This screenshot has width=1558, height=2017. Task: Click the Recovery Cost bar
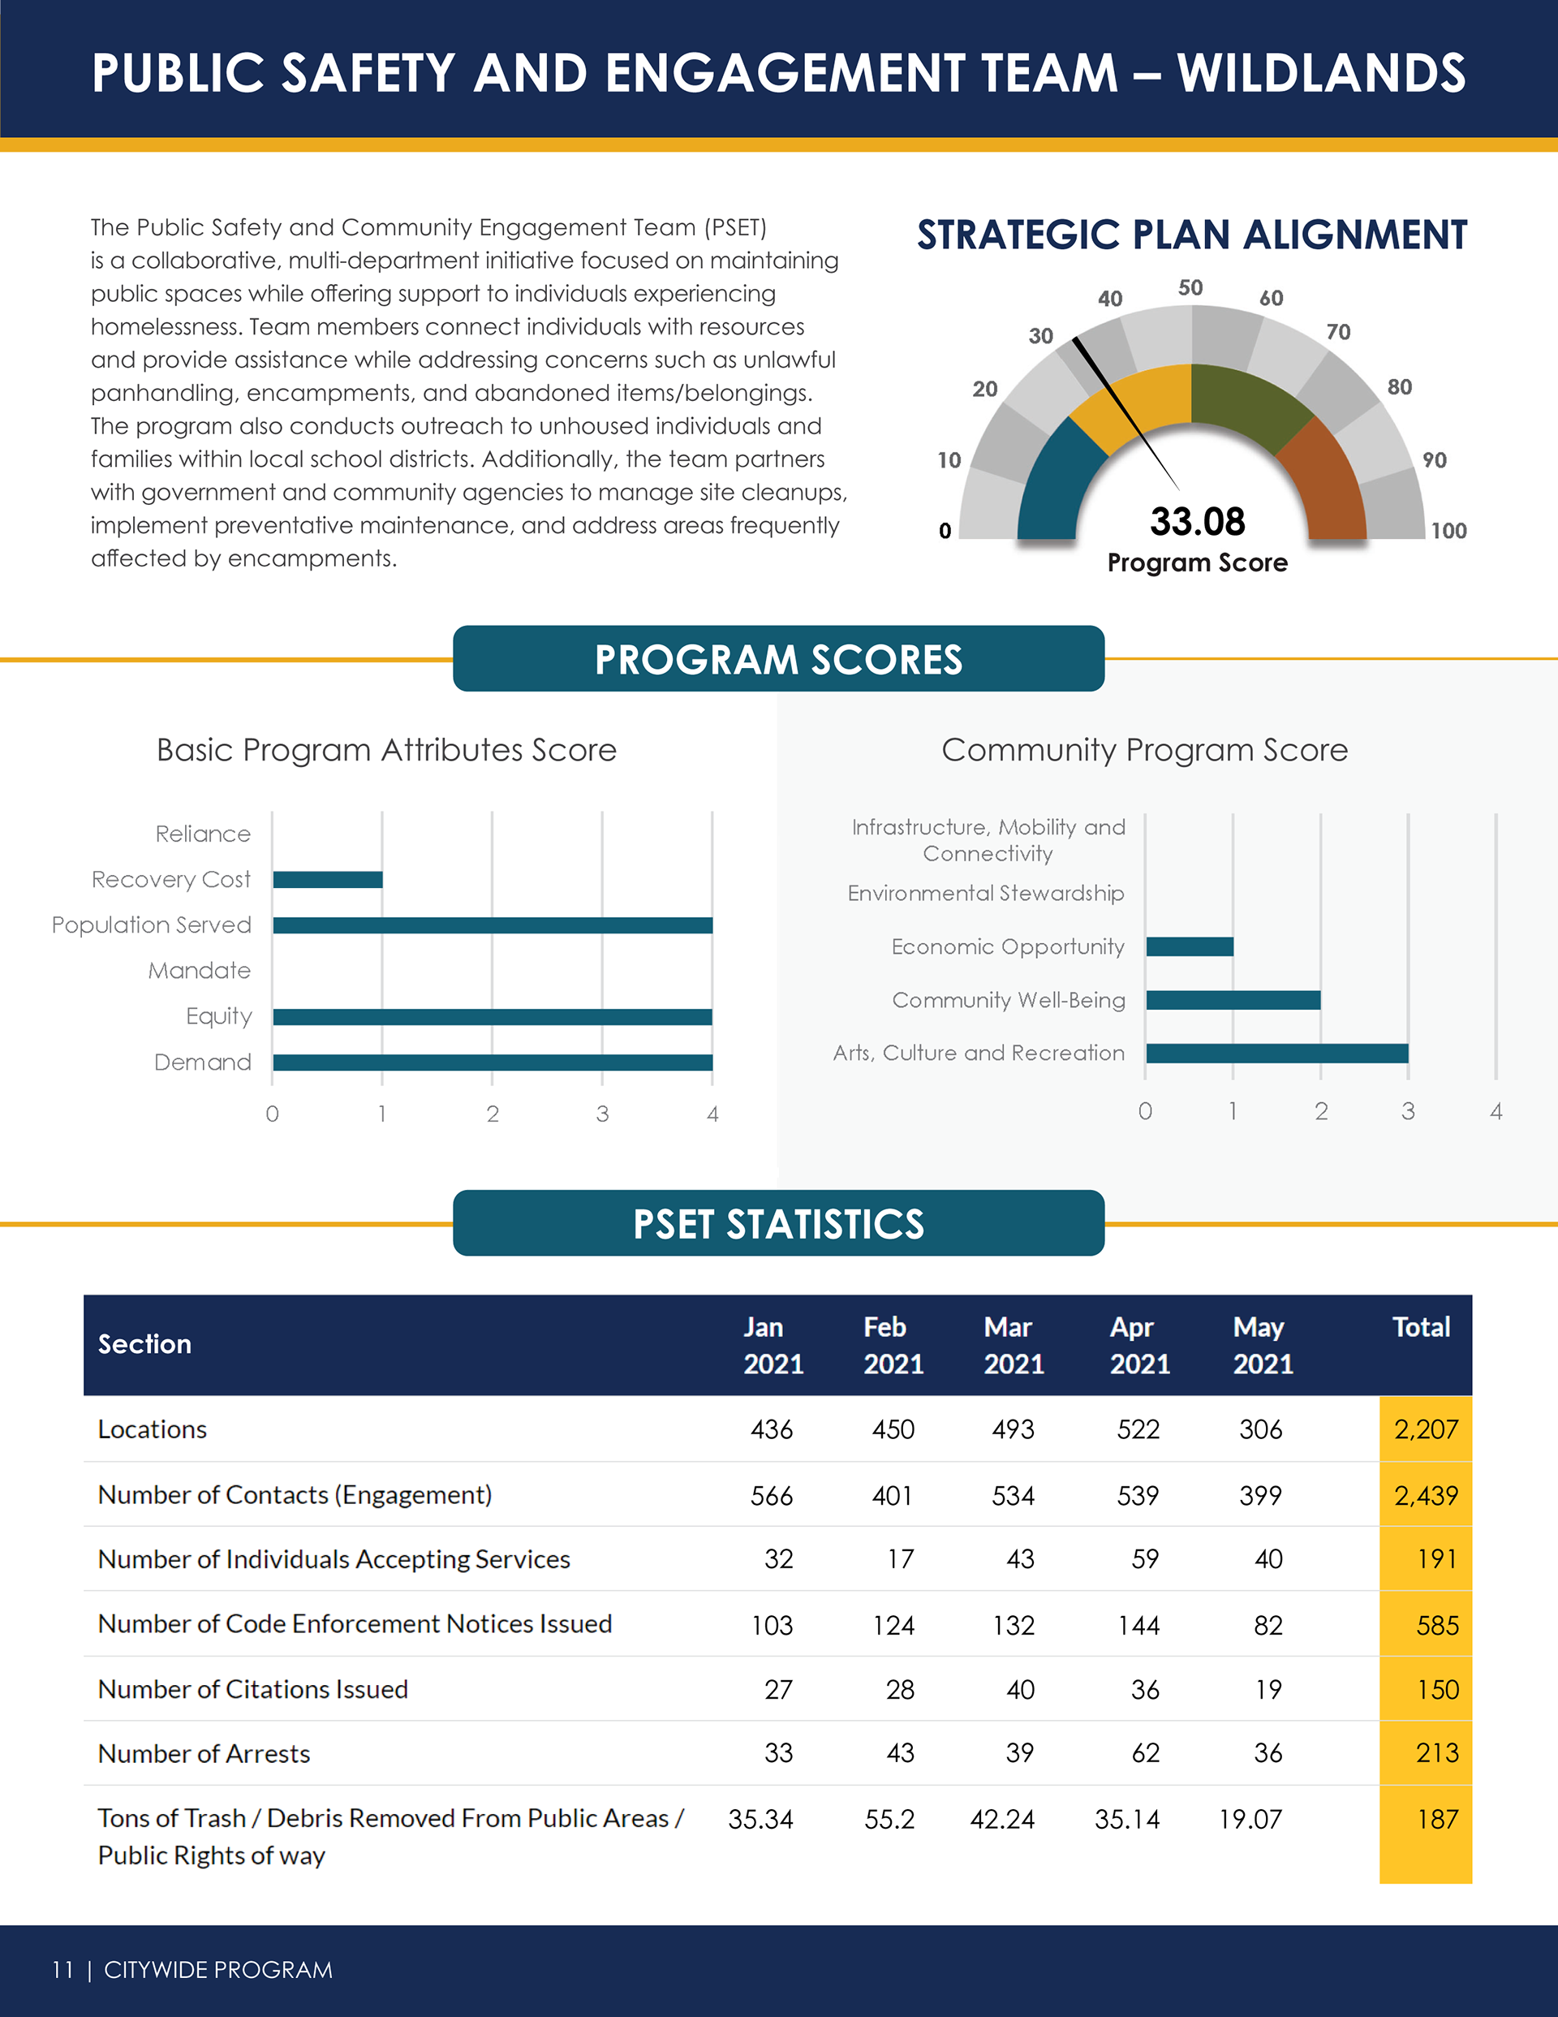click(328, 879)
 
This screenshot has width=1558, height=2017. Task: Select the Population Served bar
click(493, 925)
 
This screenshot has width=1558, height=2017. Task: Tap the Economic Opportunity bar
click(1190, 946)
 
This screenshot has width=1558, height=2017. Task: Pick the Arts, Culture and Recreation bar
click(1277, 1054)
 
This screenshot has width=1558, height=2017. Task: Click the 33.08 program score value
click(1198, 522)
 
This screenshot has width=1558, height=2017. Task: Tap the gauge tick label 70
click(1338, 333)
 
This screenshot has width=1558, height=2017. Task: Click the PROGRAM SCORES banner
click(778, 659)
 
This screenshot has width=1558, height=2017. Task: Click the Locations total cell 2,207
click(1426, 1429)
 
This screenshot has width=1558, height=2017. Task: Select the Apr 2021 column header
click(1139, 1346)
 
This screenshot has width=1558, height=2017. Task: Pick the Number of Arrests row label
click(204, 1754)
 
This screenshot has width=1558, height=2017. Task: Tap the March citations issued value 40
click(1021, 1690)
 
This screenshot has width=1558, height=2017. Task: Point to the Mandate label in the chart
click(200, 971)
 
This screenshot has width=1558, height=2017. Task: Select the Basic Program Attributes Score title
click(386, 750)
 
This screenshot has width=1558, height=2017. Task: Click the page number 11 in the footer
click(62, 1970)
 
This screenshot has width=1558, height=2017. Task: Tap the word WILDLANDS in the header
click(1322, 74)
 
